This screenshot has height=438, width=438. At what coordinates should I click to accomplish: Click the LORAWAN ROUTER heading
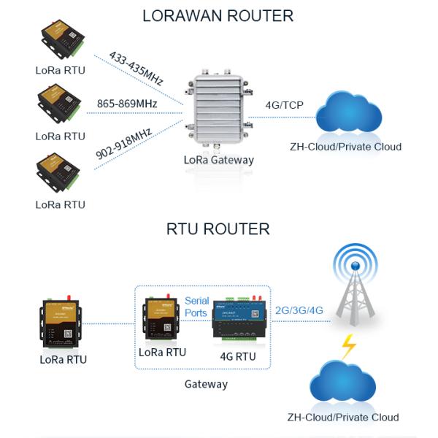(x=218, y=15)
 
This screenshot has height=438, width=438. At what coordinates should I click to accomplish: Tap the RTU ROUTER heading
(x=218, y=229)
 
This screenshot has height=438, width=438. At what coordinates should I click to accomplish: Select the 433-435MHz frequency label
(x=136, y=68)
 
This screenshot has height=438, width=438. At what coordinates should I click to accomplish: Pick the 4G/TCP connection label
(x=284, y=104)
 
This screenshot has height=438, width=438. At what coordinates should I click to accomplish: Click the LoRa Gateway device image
(x=220, y=109)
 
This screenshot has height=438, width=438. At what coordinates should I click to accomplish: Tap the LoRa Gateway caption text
(x=220, y=160)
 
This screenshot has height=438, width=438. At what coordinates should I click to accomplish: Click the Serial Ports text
(x=197, y=307)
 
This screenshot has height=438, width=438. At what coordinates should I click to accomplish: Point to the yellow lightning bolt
(x=349, y=345)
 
